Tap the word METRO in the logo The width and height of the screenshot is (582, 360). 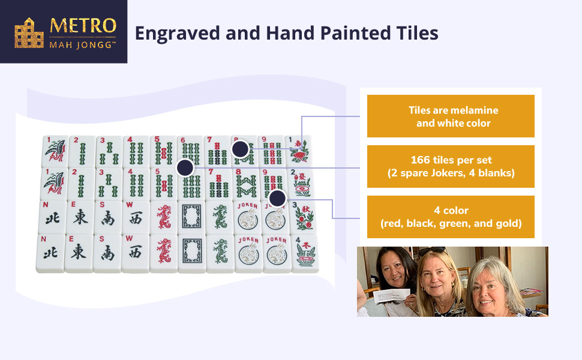point(83,26)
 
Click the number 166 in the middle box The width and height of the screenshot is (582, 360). point(420,160)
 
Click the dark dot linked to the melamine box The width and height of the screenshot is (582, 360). point(240,149)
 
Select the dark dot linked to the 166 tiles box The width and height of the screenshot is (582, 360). point(185,168)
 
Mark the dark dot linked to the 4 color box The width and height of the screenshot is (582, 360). point(277,199)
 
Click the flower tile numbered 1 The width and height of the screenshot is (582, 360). point(298,151)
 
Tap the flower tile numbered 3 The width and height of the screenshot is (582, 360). point(304,217)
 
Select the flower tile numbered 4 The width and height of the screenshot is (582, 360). point(305,253)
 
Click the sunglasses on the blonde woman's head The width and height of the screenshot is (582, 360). point(432,251)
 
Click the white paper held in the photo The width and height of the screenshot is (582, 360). point(392,296)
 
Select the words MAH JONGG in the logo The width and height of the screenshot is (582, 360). point(82,45)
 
